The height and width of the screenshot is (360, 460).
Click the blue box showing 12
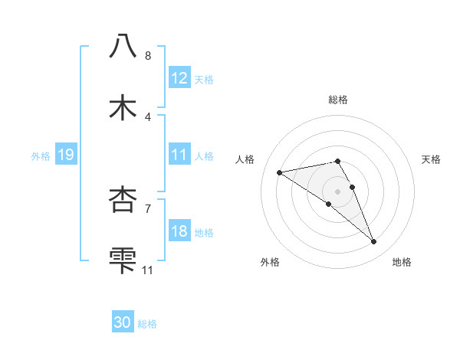click(179, 77)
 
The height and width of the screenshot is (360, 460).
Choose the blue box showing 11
click(179, 155)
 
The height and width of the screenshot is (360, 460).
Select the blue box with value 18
click(179, 231)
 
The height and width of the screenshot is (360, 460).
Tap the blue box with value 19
click(65, 155)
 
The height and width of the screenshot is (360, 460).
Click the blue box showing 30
click(123, 322)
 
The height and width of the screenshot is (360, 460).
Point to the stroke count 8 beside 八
click(148, 56)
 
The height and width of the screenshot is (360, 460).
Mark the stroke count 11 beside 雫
click(148, 270)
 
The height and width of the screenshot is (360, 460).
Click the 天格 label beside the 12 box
click(204, 79)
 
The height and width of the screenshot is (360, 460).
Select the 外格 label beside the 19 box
click(41, 156)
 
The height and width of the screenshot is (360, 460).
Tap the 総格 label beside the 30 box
click(147, 324)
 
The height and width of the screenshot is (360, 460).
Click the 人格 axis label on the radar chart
click(245, 159)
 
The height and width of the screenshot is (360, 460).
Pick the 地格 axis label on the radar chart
click(402, 262)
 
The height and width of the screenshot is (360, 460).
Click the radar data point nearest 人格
click(280, 172)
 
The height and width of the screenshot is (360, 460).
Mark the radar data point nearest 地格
click(373, 242)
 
